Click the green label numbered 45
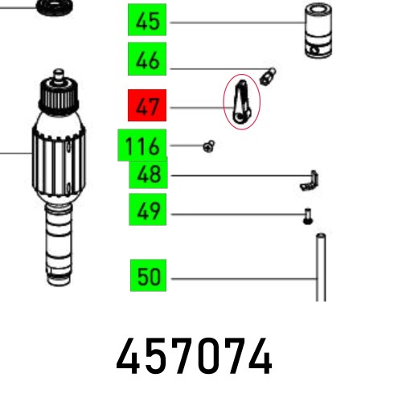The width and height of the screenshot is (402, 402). tap(147, 20)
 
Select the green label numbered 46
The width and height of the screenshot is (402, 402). tap(147, 59)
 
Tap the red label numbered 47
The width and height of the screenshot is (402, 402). tap(147, 105)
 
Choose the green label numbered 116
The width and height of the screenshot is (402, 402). tap(142, 145)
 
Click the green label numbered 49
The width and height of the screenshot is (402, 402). tap(148, 210)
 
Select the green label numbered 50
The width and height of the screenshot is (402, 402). tap(148, 275)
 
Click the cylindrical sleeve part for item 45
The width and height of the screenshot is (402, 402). tap(318, 30)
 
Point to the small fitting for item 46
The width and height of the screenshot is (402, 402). tap(268, 76)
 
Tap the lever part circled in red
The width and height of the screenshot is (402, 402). tap(241, 103)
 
